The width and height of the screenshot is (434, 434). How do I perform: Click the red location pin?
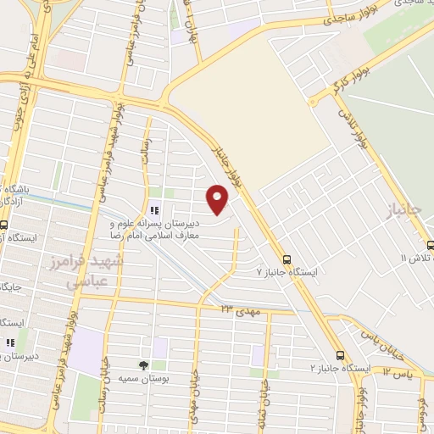tap(218, 199)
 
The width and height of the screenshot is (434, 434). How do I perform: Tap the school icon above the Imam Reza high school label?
tap(154, 210)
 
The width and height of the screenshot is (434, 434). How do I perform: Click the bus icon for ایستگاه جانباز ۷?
tap(287, 259)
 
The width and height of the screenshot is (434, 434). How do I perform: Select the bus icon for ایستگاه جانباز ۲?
tap(340, 355)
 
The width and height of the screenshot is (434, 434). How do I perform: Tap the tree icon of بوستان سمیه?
tap(142, 365)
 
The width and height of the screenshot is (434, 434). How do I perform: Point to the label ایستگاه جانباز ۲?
tap(341, 369)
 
